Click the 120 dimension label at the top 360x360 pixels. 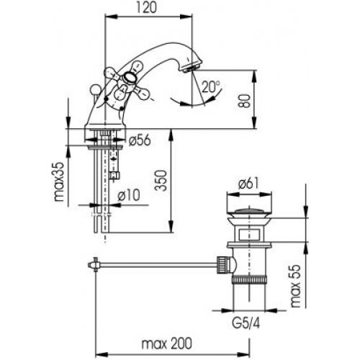tap(147, 7)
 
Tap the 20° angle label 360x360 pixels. tap(210, 86)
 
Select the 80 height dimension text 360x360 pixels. tap(246, 101)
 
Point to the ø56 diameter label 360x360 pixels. tap(140, 140)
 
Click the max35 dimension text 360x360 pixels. tap(59, 181)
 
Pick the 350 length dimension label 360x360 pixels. tap(161, 181)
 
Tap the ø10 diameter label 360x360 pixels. tap(129, 195)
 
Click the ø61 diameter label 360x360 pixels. tap(249, 184)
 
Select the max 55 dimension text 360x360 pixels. tap(295, 286)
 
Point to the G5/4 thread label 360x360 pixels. tap(246, 324)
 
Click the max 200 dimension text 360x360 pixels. tap(167, 343)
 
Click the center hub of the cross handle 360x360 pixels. tap(129, 78)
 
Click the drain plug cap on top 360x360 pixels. tap(249, 212)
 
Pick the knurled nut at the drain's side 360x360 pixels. tap(221, 265)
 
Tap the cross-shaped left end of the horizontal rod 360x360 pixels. tap(94, 265)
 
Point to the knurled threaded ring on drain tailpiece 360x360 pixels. tap(249, 280)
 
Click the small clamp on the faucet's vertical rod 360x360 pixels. tap(114, 175)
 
